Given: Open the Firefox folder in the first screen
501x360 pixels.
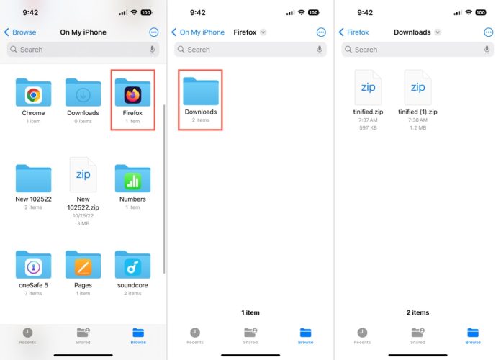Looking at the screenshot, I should tap(132, 94).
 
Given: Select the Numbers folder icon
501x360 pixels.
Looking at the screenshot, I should tap(132, 179).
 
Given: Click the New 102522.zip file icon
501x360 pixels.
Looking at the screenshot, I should tap(83, 175).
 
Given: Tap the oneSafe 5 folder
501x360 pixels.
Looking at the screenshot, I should tap(33, 266).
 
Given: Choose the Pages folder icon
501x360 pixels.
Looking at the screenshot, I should tap(83, 266).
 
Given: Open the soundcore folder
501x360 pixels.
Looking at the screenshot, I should tap(132, 266).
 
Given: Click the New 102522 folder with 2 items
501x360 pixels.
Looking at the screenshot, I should tap(33, 179).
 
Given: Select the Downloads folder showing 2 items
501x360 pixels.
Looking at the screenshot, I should tap(201, 92).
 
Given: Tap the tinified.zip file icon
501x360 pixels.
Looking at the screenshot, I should tap(368, 88).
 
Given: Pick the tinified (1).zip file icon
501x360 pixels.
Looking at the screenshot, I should tap(417, 88).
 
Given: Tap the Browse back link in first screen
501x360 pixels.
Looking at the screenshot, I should tap(20, 32).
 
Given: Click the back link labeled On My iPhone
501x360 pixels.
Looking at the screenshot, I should tap(198, 32).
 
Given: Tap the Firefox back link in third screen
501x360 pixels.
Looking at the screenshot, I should tap(354, 32).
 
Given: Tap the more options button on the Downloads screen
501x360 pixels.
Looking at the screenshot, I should tap(489, 32).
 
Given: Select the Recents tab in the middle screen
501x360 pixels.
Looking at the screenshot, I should tap(194, 335).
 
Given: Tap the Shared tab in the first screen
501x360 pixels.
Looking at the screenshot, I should tap(83, 335).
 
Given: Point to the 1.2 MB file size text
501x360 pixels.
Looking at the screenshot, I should tap(417, 127).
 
